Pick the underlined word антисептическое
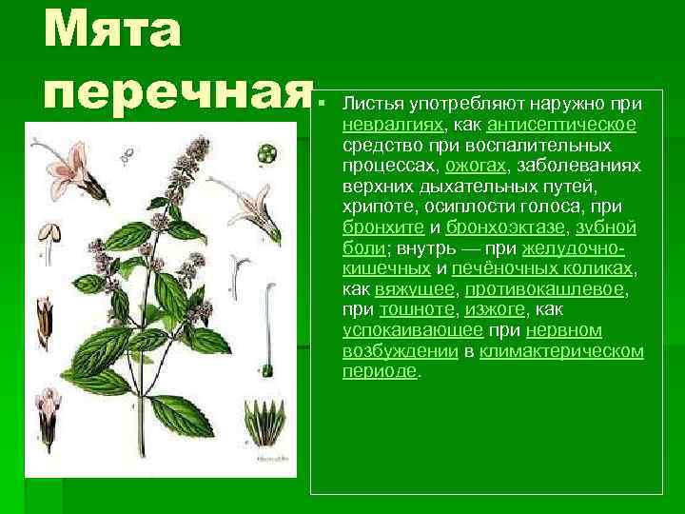tap(561, 124)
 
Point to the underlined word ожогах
tap(465, 165)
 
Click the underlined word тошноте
tap(417, 309)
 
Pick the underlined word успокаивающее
tap(412, 330)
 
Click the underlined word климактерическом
tap(561, 351)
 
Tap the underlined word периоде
tap(379, 371)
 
